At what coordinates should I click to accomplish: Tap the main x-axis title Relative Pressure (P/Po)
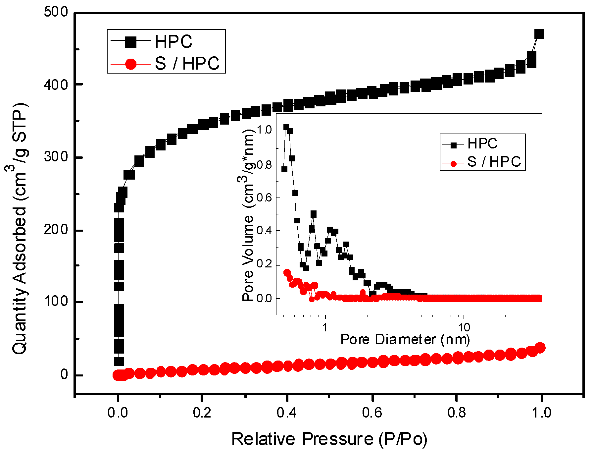point(329,439)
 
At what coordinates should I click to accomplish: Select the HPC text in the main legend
point(173,42)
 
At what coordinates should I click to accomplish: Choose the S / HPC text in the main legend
point(187,63)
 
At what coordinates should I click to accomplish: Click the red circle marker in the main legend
point(131,64)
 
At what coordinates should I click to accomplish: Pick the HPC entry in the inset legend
point(482,144)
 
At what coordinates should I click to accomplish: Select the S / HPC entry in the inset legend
point(494,162)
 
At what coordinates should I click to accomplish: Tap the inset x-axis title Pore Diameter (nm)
point(405,339)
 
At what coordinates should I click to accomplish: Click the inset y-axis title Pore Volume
point(248,215)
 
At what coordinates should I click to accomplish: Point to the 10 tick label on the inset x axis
point(464,327)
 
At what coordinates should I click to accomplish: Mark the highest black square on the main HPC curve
point(539,34)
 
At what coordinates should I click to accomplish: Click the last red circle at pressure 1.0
point(540,348)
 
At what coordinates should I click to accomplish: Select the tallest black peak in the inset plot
point(286,128)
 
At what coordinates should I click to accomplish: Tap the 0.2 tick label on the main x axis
point(202,413)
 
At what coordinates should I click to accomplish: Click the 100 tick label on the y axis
point(56,302)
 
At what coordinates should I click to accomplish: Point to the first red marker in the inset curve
point(287,273)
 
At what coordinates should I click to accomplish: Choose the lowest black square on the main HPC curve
point(119,361)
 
